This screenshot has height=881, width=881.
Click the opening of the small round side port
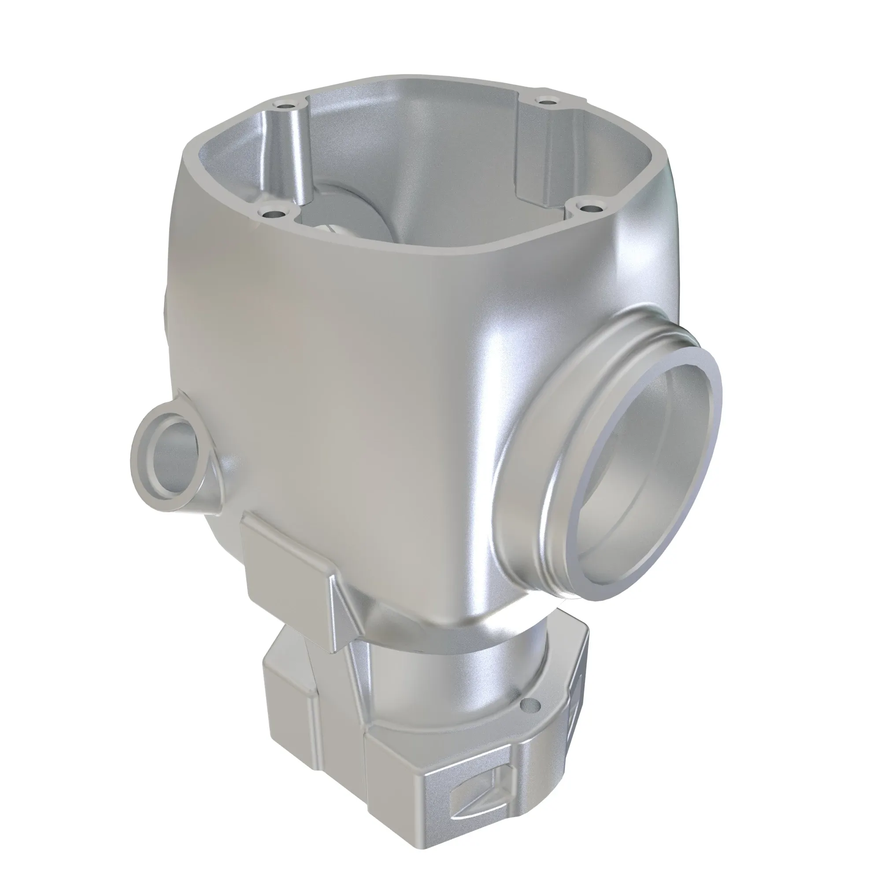pos(173,461)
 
